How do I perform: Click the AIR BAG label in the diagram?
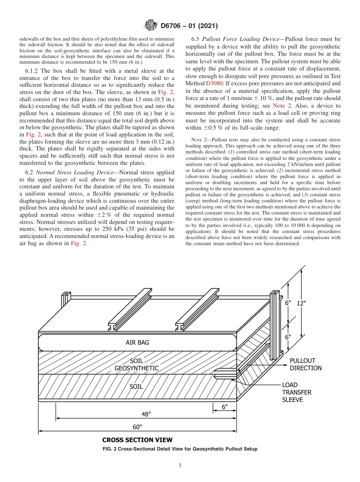[137, 343]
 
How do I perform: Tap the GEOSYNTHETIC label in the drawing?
[136, 368]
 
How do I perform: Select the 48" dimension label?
[146, 414]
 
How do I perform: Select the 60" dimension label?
[137, 427]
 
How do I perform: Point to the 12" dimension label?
[302, 303]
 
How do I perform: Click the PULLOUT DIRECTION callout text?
[305, 364]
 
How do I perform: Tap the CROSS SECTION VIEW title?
[137, 440]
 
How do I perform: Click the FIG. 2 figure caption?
[180, 449]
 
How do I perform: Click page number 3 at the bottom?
[180, 466]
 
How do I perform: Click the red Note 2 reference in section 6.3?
[282, 106]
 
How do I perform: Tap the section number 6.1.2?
[33, 71]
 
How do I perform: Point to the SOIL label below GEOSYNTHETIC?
[136, 387]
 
